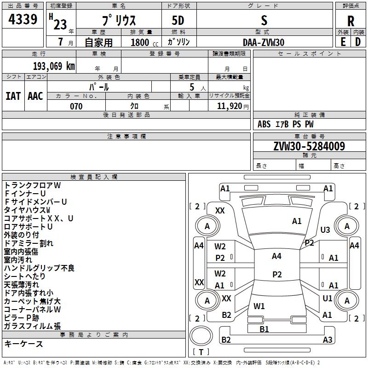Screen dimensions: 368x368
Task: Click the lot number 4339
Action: point(23,19)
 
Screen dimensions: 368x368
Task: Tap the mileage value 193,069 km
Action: point(54,66)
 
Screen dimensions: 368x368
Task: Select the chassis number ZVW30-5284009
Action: point(309,146)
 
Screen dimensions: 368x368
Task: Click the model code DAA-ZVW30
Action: point(264,42)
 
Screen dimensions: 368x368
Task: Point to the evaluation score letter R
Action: point(351,21)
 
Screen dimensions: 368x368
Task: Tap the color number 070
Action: point(76,106)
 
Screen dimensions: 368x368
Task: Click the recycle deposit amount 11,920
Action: point(230,106)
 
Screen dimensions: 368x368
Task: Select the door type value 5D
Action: point(178,21)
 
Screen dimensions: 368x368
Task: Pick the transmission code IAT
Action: point(13,96)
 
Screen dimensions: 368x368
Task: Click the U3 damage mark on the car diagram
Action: point(325,230)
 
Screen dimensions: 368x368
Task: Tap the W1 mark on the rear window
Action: point(259,306)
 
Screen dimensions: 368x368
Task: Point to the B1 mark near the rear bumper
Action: point(264,329)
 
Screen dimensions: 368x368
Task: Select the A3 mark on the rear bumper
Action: point(328,339)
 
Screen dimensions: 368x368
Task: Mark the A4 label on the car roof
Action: point(277,256)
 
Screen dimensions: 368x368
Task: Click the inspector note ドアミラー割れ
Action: point(29,243)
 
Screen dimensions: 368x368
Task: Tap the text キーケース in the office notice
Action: point(24,344)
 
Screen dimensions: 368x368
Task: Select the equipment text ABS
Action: point(264,124)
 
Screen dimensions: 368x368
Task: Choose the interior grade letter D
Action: point(358,42)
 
